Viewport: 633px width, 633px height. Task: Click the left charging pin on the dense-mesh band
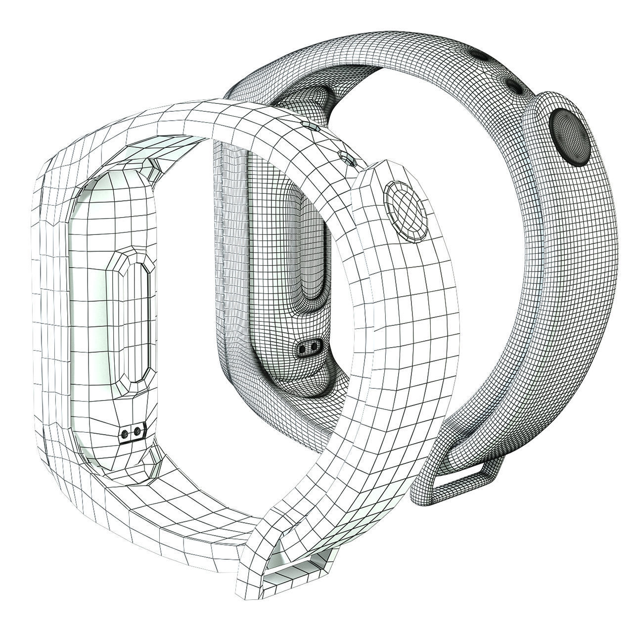click(x=302, y=349)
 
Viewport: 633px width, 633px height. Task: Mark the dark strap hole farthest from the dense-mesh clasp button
click(x=479, y=53)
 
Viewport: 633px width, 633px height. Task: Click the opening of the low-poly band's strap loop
click(x=292, y=572)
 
